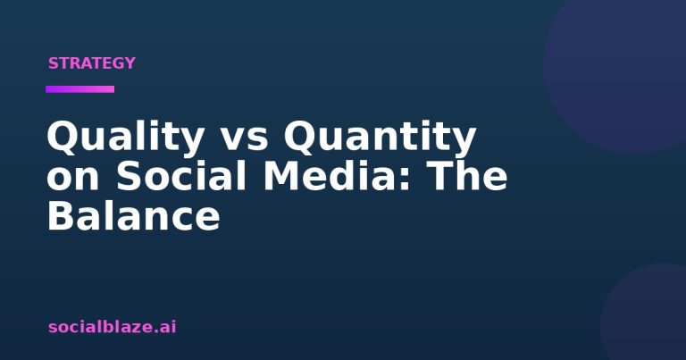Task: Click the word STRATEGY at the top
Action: coord(92,63)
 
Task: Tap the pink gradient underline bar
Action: coord(80,89)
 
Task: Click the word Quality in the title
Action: coord(125,138)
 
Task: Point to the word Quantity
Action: coord(381,138)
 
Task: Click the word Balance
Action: coord(133,215)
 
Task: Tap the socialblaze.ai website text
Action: coord(112,327)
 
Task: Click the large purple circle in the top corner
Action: coord(622,65)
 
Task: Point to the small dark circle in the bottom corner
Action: coord(648,315)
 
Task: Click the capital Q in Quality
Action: coord(63,138)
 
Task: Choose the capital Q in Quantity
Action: coord(301,138)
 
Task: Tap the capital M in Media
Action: coord(282,176)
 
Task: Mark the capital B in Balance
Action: coord(62,215)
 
